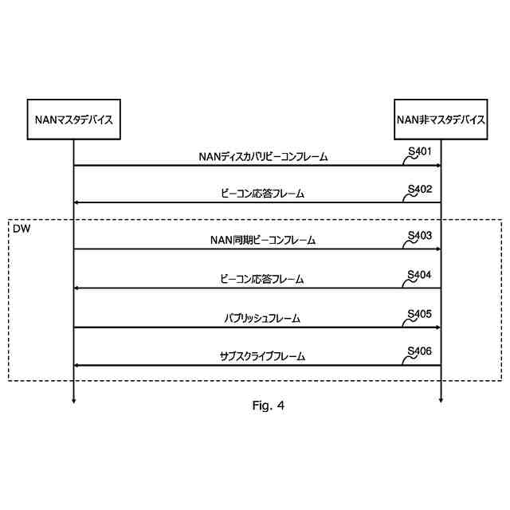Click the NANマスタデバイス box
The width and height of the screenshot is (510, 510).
73,120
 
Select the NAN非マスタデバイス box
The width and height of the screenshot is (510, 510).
441,120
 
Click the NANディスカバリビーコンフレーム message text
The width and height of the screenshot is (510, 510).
263,157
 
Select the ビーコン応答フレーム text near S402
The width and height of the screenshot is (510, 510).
263,194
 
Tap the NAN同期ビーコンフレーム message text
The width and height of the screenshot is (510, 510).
263,240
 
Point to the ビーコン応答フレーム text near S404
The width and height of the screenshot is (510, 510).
263,279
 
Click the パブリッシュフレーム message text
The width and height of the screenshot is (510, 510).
263,318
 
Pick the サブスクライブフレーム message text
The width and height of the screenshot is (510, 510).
263,356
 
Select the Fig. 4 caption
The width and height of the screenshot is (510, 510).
268,406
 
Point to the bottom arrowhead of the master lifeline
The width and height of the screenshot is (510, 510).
73,400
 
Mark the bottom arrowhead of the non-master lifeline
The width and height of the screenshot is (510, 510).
441,400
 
